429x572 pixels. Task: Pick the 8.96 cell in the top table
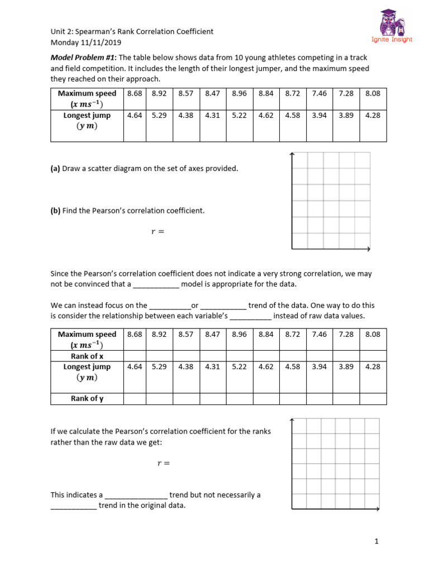point(239,93)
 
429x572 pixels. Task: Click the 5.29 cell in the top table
point(159,115)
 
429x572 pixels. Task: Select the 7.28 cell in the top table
point(346,93)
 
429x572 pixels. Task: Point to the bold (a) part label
point(55,168)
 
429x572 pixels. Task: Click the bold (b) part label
point(55,211)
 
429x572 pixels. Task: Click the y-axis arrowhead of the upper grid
point(292,155)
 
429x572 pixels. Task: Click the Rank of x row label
point(87,356)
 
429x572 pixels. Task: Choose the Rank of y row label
point(87,398)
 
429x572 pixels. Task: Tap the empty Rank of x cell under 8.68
point(135,356)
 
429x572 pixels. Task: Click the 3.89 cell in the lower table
point(346,367)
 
